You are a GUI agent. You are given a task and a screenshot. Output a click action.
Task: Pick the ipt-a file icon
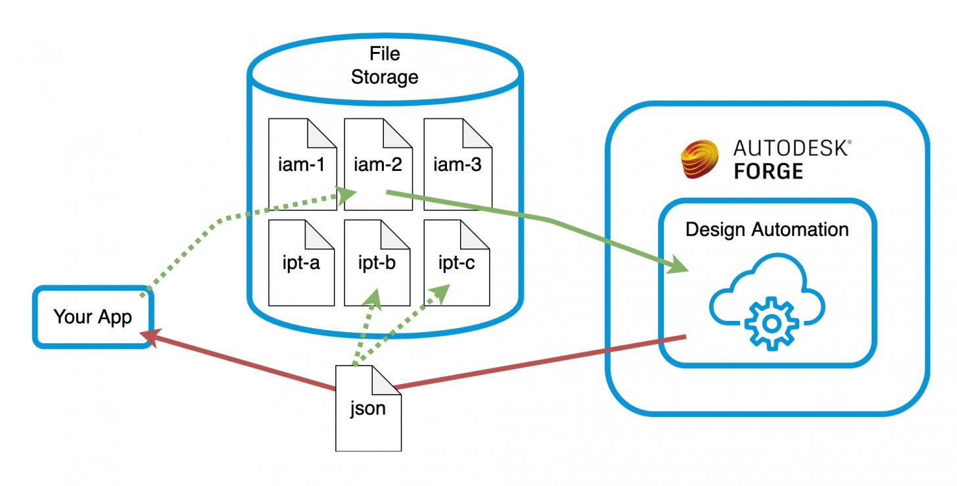coord(303,263)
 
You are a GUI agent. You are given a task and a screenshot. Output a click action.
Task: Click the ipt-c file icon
coord(457,263)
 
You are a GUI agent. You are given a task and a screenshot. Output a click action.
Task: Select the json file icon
coord(368,408)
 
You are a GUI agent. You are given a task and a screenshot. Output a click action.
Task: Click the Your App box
coord(93,316)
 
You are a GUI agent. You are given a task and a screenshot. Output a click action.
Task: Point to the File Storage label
coord(385,65)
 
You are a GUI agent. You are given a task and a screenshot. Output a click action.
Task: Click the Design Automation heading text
coord(767,230)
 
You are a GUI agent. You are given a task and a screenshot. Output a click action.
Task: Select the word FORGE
coord(768,172)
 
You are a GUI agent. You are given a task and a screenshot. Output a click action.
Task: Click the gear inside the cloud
coord(772,323)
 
